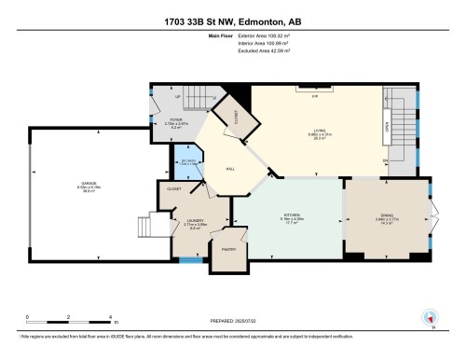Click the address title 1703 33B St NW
pos(233,21)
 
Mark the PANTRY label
pos(227,251)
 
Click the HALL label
pos(229,169)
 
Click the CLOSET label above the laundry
pos(174,188)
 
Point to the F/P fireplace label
pos(314,96)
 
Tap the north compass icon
pos(429,317)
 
